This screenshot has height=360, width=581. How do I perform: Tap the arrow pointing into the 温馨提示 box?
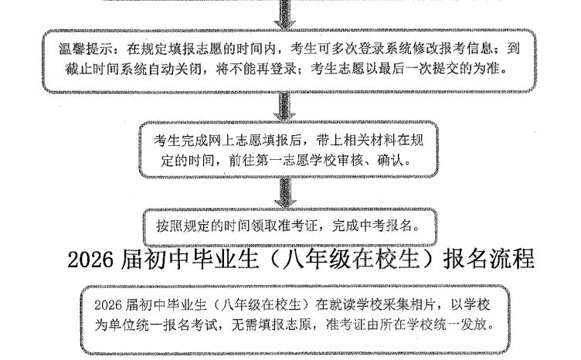(x=284, y=14)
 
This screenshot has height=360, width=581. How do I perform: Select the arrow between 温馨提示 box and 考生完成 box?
(x=284, y=106)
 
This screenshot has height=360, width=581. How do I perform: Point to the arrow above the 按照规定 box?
(x=285, y=193)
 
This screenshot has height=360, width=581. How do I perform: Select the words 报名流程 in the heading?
(x=489, y=258)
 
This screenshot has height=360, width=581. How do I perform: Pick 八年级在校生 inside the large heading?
(x=351, y=258)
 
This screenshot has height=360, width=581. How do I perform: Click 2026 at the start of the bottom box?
(x=108, y=305)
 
